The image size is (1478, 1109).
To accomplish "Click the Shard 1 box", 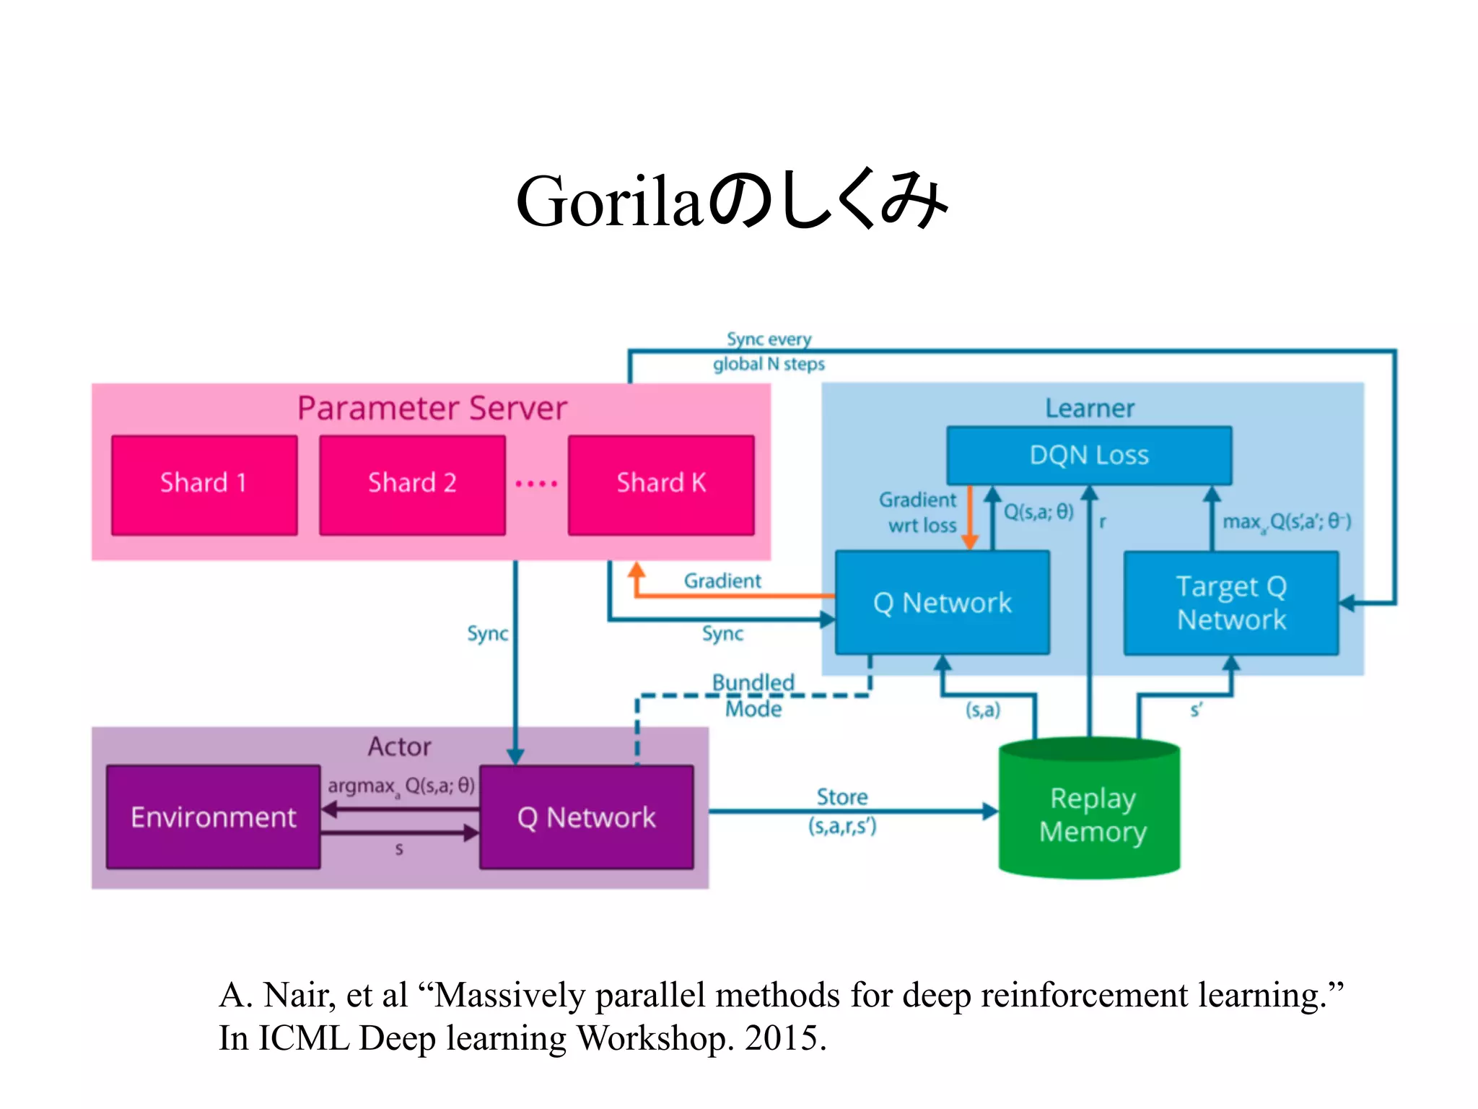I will pos(204,484).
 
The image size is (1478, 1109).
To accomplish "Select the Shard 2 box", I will pos(412,484).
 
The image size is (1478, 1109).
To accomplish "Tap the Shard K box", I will pos(661,484).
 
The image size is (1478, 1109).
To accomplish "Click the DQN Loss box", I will pos(1088,456).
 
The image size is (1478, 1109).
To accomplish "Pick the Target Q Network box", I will pos(1231,603).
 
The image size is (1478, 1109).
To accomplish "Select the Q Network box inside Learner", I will pos(942,603).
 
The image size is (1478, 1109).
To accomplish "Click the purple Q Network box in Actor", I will pos(586,817).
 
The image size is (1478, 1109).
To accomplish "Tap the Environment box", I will pos(213,817).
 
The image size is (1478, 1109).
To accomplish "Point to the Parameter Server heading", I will pos(432,409).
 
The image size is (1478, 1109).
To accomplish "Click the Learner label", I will pos(1090,409).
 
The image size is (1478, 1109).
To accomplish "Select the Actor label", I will pos(399,747).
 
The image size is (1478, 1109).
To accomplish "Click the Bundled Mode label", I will pos(753,695).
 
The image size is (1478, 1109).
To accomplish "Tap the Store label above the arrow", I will pos(841,797).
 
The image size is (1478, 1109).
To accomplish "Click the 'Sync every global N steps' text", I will pos(769,352).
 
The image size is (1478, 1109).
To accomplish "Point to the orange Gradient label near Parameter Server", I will pos(722,580).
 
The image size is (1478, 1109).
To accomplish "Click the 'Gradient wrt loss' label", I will pos(919,513).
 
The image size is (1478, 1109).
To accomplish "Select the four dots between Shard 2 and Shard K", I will pos(536,484).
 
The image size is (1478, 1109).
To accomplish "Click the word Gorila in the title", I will pos(608,203).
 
